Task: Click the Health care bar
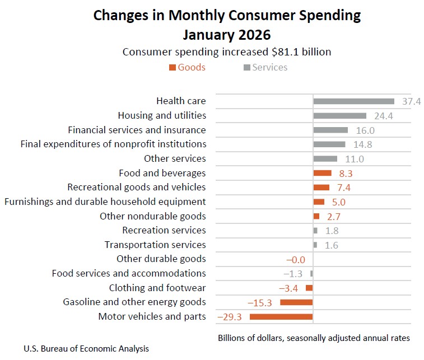point(353,101)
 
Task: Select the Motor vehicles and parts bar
point(281,317)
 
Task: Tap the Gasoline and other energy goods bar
point(296,302)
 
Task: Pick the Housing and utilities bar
point(339,116)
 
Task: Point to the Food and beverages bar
point(322,173)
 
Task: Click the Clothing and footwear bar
point(309,288)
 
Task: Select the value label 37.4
point(411,101)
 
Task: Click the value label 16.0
point(365,130)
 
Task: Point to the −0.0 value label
point(295,259)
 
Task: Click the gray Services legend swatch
point(246,68)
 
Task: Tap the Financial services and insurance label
point(137,130)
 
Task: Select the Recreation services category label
point(164,230)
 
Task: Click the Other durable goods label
point(161,259)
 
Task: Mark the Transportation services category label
point(155,245)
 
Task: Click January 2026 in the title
point(226,35)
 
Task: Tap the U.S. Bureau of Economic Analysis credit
point(86,349)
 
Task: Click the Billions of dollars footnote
point(313,338)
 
